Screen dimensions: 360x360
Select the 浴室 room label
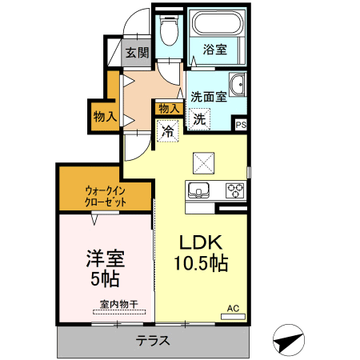(215, 50)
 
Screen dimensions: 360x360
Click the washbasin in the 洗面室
(237, 84)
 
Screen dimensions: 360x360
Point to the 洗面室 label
(209, 97)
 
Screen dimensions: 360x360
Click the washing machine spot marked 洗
(199, 119)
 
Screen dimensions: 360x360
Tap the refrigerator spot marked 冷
(168, 131)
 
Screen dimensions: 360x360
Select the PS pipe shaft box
(241, 125)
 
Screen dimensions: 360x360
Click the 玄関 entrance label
(137, 53)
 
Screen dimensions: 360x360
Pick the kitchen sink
(198, 190)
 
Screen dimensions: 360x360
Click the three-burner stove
(235, 190)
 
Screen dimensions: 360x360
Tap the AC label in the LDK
(233, 308)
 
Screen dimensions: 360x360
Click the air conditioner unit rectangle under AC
(233, 317)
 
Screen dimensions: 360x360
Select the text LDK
(201, 242)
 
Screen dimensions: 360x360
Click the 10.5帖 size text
(201, 263)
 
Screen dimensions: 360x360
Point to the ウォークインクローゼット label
(106, 196)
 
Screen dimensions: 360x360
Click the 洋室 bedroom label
(105, 258)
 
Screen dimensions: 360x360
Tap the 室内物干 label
(119, 304)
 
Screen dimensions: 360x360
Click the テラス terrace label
(153, 340)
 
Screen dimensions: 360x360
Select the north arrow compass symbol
(289, 340)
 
